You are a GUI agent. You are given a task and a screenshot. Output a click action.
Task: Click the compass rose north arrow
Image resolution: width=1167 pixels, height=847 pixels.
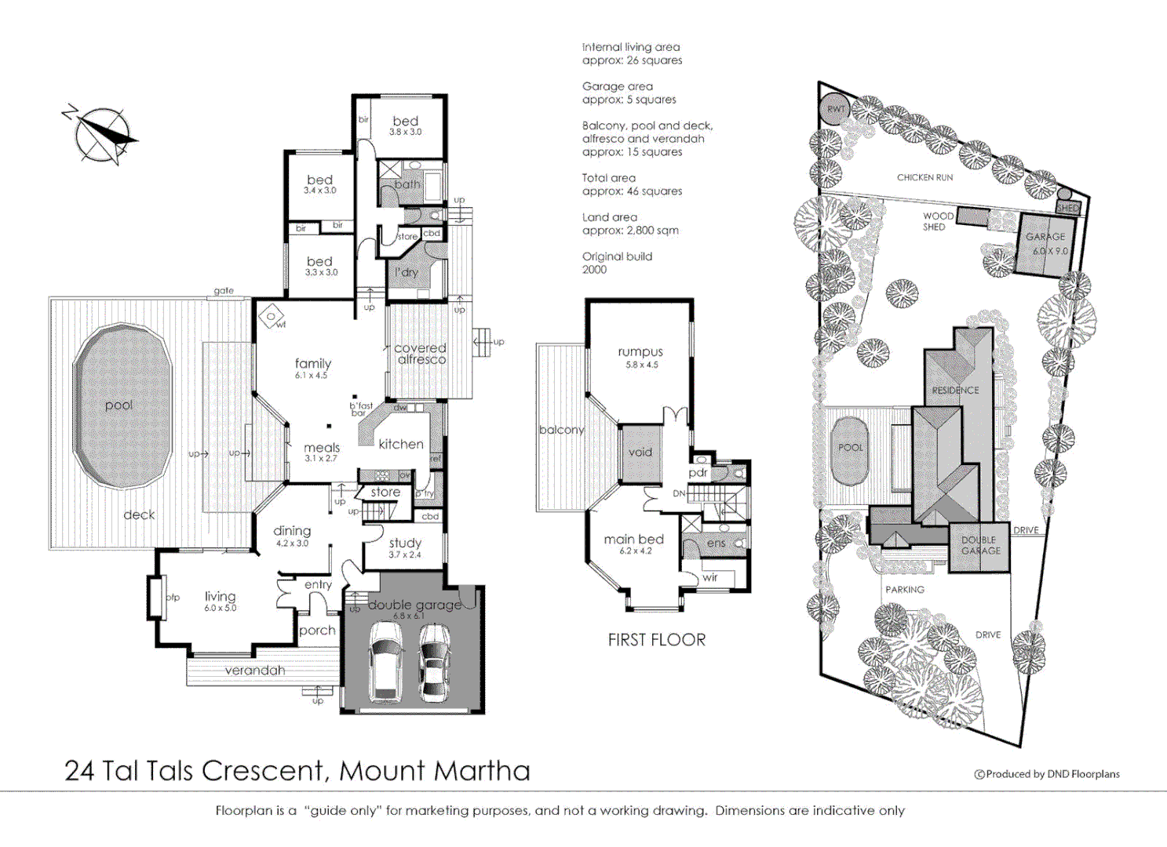(x=100, y=134)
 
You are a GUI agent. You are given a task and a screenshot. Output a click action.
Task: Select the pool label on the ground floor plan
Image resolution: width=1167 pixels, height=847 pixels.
(x=119, y=405)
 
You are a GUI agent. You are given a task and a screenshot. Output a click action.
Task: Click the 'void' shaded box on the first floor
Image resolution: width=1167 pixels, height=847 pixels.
(x=640, y=453)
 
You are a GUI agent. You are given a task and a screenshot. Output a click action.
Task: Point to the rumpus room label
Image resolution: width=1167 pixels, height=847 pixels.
(x=640, y=352)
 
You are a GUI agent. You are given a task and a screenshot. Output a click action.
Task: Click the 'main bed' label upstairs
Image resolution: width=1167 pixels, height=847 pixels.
(x=633, y=540)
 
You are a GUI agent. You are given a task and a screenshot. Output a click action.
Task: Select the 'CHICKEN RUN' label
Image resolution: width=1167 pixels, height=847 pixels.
(x=924, y=178)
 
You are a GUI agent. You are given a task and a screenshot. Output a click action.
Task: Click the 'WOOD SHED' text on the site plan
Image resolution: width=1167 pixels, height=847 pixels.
(x=937, y=221)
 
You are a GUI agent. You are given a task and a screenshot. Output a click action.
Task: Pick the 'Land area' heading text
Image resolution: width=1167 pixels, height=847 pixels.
(x=609, y=217)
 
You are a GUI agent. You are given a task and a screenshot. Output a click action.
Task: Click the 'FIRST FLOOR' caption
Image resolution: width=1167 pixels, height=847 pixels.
(x=656, y=640)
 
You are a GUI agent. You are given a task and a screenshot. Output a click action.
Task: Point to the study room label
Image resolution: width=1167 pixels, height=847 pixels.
(x=405, y=543)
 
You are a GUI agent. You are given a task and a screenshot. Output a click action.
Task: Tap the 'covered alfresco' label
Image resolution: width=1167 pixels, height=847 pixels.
(x=421, y=354)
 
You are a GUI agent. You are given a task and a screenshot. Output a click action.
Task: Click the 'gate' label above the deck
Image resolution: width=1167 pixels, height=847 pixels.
(x=224, y=291)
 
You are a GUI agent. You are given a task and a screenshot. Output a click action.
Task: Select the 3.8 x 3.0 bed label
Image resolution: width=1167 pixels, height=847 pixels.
(x=405, y=122)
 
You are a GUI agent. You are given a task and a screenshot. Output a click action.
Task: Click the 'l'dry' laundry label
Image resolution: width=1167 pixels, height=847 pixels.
(x=407, y=272)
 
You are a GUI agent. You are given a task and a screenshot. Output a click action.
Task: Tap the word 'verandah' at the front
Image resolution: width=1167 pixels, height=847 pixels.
(x=255, y=671)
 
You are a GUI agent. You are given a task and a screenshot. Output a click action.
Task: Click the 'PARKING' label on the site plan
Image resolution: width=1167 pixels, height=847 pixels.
(x=904, y=590)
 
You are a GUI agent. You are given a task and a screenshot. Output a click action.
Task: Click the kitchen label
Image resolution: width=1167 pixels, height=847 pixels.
(x=400, y=444)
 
